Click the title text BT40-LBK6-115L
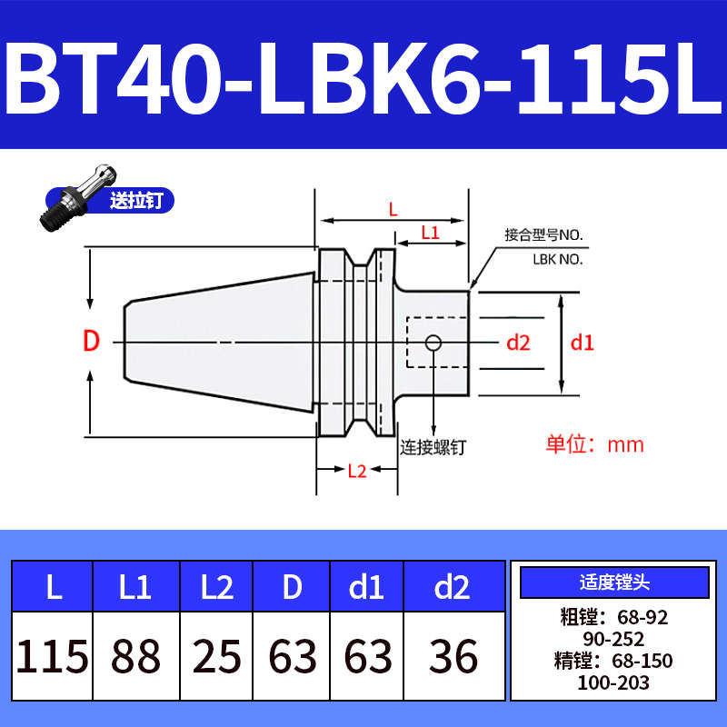(x=363, y=76)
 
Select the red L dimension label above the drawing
(x=393, y=209)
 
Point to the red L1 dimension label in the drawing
(x=430, y=234)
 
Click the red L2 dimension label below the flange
(x=356, y=470)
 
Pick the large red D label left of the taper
(x=91, y=343)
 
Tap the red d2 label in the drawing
(x=518, y=343)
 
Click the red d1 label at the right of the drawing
(x=582, y=343)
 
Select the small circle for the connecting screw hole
(x=434, y=343)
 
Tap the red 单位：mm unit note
(x=594, y=444)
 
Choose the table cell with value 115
(x=53, y=656)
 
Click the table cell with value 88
(x=135, y=656)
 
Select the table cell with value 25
(x=216, y=656)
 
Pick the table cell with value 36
(x=453, y=656)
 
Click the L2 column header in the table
(x=216, y=588)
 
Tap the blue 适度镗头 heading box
(x=614, y=582)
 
